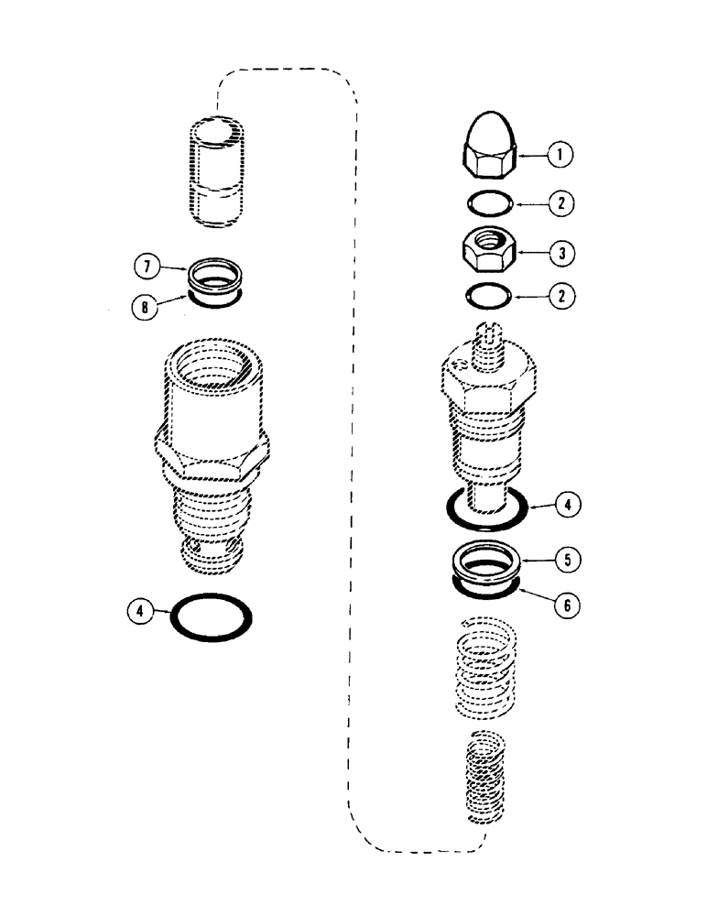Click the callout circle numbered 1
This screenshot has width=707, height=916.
click(560, 155)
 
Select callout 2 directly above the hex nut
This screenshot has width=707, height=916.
click(560, 203)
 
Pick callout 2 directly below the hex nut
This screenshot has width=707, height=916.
click(560, 295)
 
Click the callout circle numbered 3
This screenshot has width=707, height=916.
click(560, 250)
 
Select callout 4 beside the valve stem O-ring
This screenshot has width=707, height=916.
click(570, 505)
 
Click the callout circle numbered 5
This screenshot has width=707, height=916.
click(570, 558)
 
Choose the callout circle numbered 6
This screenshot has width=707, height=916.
click(570, 604)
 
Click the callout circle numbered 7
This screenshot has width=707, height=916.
click(145, 267)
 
